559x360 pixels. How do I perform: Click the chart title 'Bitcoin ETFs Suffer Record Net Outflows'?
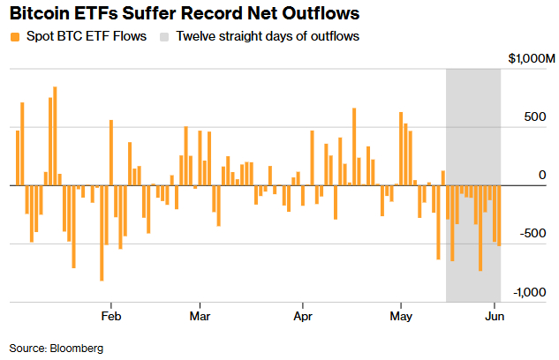[x=185, y=13]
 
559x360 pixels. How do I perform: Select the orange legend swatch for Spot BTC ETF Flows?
[x=15, y=37]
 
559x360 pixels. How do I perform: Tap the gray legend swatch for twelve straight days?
[x=164, y=37]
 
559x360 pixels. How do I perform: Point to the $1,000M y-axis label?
[x=532, y=58]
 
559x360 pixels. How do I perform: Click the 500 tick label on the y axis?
[x=535, y=116]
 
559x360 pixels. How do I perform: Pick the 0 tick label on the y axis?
[x=542, y=175]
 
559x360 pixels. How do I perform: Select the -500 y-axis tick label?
[x=533, y=233]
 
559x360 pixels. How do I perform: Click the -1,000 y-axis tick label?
[x=529, y=292]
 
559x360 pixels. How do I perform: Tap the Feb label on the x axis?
[x=111, y=316]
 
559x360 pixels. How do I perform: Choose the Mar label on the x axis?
[x=200, y=316]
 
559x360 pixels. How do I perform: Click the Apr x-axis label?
[x=303, y=316]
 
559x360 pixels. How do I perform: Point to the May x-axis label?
[x=401, y=316]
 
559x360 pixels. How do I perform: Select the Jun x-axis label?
[x=495, y=316]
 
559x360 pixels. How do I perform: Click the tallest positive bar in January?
[x=55, y=136]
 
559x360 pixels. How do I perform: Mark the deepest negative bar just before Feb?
[x=102, y=233]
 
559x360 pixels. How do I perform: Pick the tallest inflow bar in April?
[x=354, y=146]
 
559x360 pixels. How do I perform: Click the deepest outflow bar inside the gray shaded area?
[x=480, y=229]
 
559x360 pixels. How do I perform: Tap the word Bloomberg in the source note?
[x=77, y=349]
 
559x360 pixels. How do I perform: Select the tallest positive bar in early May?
[x=401, y=149]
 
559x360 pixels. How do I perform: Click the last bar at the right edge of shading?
[x=499, y=216]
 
